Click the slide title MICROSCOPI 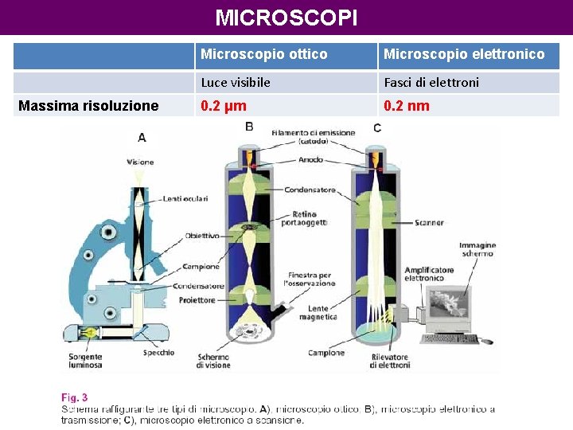286,17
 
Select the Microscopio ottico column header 263,54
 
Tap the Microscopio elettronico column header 464,54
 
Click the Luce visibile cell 236,82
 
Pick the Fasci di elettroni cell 431,82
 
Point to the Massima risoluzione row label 88,106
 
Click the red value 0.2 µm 224,106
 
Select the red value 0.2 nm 407,106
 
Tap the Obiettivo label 202,236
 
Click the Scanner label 429,223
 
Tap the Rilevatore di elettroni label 391,361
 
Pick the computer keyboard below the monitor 450,338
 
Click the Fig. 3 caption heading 75,397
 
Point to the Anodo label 311,159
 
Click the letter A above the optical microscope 142,137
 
